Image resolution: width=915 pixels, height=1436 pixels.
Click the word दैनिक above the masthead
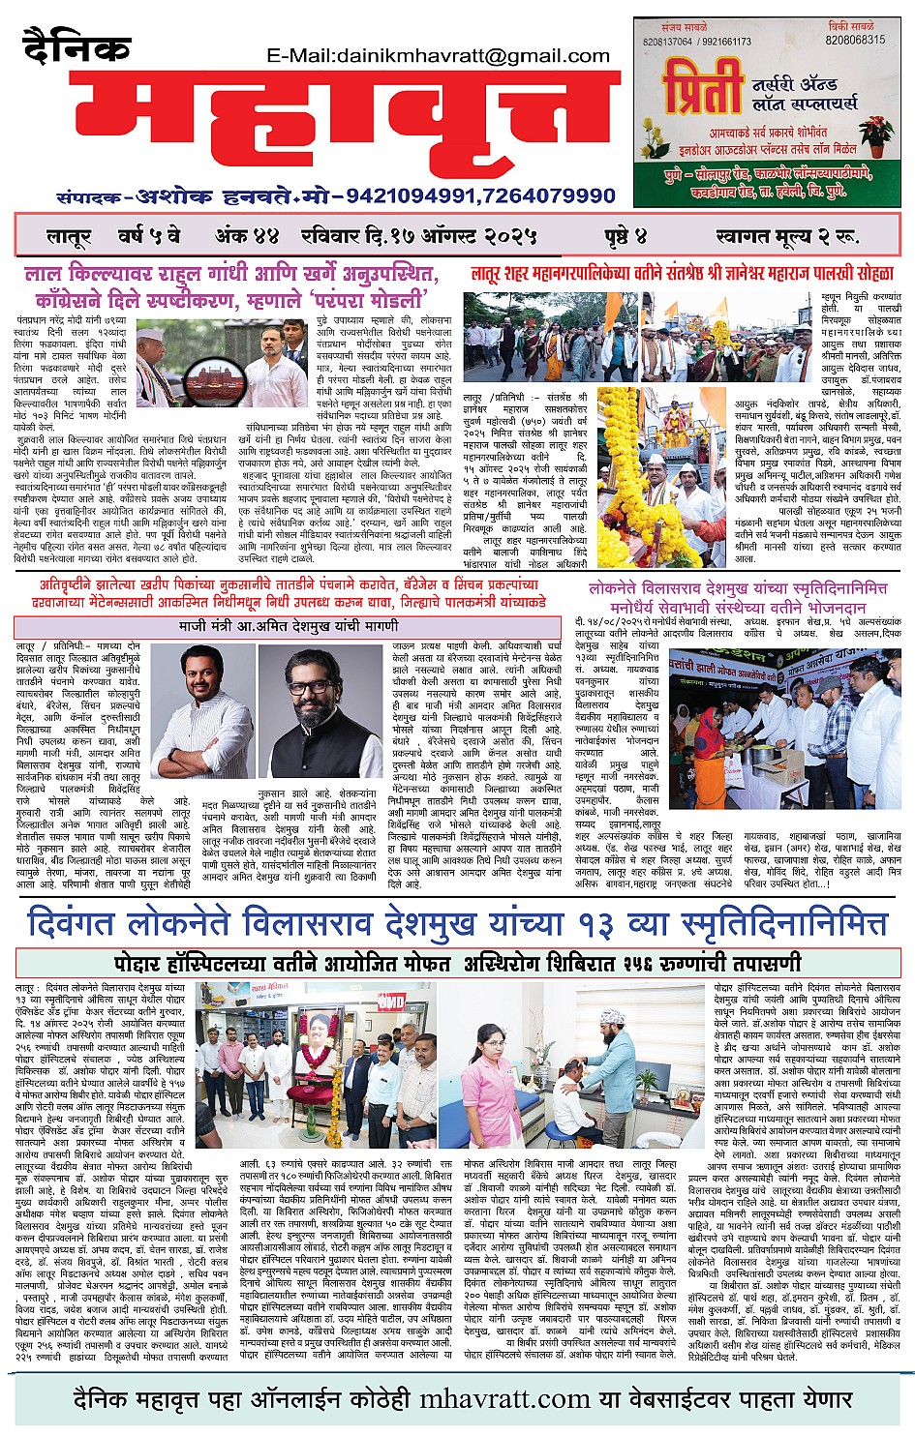tap(76, 47)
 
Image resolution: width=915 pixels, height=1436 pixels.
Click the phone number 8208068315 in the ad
tap(855, 41)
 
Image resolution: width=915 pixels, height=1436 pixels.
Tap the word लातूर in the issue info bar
tap(69, 236)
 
